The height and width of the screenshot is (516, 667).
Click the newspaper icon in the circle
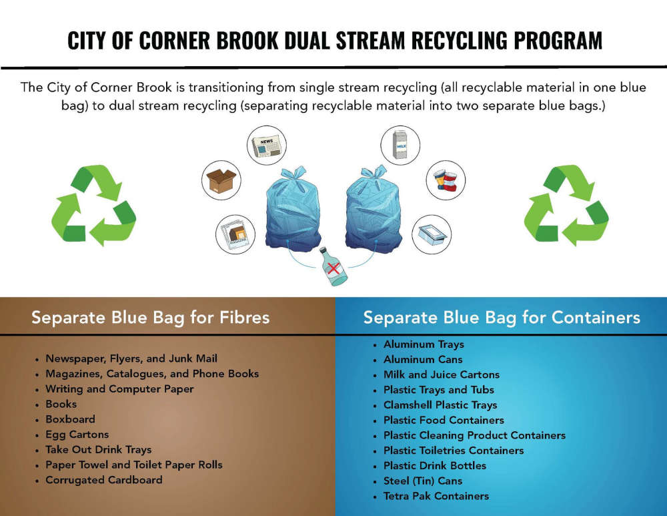click(267, 145)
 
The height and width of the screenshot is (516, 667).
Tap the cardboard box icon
click(221, 180)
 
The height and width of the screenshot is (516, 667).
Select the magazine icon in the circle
click(235, 234)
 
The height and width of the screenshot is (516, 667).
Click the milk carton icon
click(400, 145)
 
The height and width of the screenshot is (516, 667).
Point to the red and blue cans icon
click(446, 180)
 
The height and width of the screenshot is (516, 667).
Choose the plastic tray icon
click(432, 234)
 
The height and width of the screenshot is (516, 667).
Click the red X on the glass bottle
click(334, 268)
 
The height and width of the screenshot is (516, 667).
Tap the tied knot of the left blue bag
click(293, 174)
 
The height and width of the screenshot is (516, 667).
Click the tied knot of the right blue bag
click(374, 172)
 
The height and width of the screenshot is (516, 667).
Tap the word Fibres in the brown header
click(245, 318)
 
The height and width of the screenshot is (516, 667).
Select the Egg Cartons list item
click(77, 435)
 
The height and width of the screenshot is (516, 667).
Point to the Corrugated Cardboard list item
click(104, 480)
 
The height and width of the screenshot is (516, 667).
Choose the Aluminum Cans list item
click(423, 360)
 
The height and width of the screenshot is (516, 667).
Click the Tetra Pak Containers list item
click(436, 497)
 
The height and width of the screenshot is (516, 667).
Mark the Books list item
click(61, 405)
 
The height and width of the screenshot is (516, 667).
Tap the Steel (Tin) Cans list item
click(423, 481)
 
